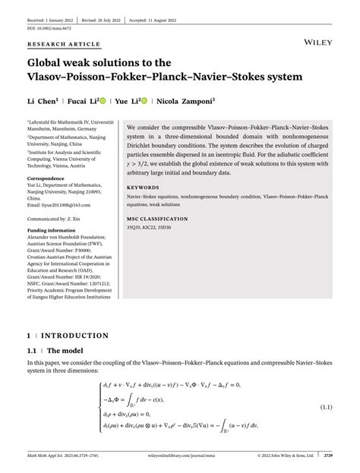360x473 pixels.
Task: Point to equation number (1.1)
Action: [x=326, y=408]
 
